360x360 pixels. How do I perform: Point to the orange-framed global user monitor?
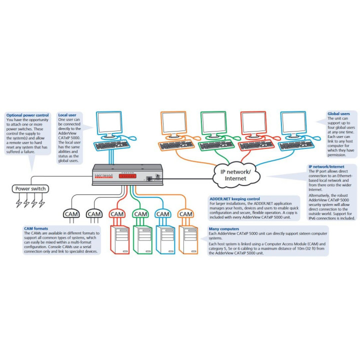(x=173, y=122)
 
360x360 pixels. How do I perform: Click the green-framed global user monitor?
(x=213, y=122)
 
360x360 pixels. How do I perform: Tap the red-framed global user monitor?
(x=253, y=122)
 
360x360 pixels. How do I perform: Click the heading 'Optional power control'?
(x=27, y=115)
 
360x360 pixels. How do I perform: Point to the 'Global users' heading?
(x=338, y=113)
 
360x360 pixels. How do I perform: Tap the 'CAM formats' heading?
(x=36, y=228)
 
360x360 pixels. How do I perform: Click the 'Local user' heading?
(x=67, y=115)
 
